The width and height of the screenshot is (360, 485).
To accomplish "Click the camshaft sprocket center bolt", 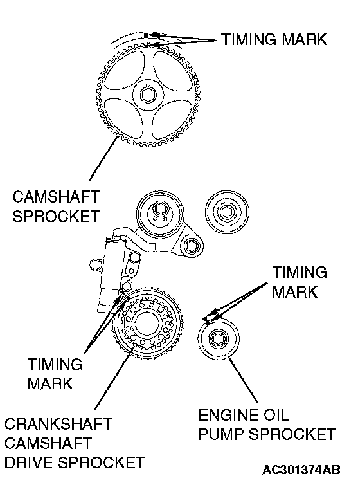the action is (x=148, y=95).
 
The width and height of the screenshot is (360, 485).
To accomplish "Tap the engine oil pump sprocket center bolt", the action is (x=219, y=339).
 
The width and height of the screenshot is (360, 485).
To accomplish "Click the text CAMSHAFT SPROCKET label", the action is (x=56, y=206).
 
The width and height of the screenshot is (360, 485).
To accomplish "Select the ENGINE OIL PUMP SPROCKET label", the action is (x=267, y=425).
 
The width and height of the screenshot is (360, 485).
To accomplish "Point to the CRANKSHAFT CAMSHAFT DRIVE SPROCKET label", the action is (x=75, y=443).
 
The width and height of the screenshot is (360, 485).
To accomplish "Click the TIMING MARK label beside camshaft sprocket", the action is (x=274, y=40).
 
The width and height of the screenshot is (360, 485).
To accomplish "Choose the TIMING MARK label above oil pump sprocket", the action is (x=300, y=282).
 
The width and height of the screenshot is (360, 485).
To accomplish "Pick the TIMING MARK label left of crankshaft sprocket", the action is (x=55, y=374).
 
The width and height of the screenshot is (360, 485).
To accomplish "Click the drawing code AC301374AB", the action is (x=301, y=470).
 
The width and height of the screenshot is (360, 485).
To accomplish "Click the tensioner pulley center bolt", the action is (x=159, y=210).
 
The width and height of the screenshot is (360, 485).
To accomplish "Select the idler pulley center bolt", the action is (x=227, y=212).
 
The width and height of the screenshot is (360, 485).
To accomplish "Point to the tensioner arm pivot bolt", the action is (x=190, y=246).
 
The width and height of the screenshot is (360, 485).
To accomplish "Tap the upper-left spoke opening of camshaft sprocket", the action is (x=125, y=71).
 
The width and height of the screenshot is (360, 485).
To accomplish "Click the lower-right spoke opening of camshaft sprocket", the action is (x=172, y=119).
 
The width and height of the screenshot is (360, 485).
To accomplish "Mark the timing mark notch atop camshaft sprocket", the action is (x=148, y=46).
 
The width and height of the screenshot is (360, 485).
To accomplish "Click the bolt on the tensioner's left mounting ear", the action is (x=95, y=264).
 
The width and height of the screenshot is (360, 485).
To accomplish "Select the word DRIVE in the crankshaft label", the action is (x=28, y=462).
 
